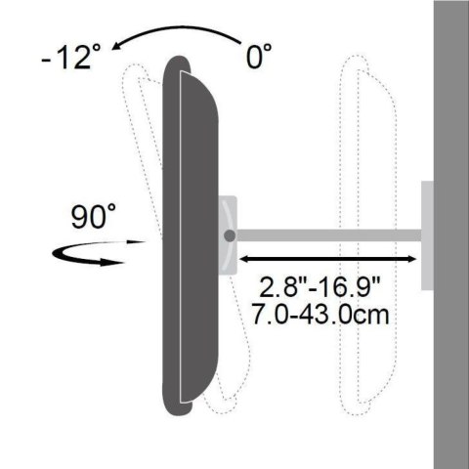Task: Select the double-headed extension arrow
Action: (x=329, y=259)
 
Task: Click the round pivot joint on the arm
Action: (x=229, y=235)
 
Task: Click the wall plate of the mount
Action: (x=429, y=236)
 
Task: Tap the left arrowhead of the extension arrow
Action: (x=244, y=259)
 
